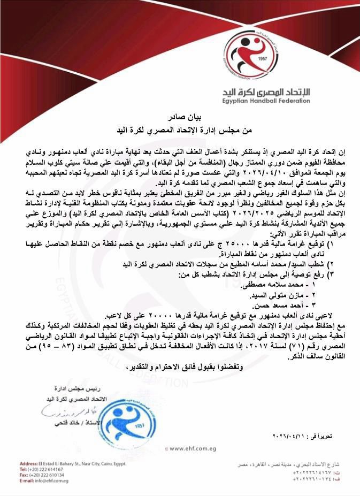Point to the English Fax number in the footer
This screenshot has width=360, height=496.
44,475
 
